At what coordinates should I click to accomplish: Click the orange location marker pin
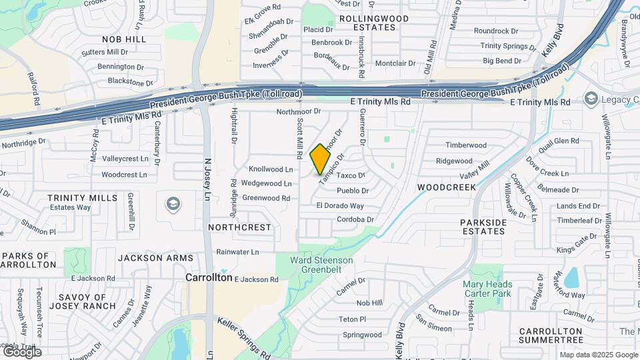click(x=321, y=159)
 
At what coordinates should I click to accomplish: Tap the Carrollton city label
click(x=209, y=277)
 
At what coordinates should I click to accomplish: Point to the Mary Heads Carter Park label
click(x=487, y=288)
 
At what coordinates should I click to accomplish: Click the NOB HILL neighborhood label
click(x=123, y=39)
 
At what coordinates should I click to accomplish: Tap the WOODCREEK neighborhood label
click(x=447, y=187)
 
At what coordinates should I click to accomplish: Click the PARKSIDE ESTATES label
click(x=483, y=227)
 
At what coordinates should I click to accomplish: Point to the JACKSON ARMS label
click(x=155, y=257)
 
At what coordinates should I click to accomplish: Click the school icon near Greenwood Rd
click(x=173, y=203)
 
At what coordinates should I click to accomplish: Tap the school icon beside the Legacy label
click(x=591, y=99)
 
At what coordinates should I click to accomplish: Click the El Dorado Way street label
click(x=340, y=206)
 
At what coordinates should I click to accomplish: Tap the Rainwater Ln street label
click(x=237, y=252)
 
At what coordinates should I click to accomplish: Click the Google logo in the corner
click(x=21, y=352)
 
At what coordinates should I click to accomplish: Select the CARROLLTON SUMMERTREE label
click(x=551, y=336)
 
